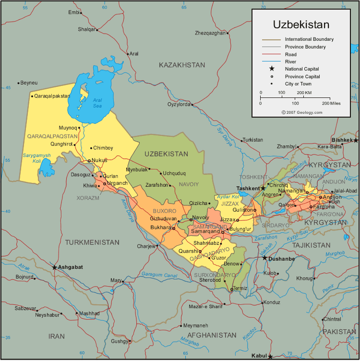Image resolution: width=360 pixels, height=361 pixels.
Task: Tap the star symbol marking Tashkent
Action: pyautogui.click(x=263, y=188)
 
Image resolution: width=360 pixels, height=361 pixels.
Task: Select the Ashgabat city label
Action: pyautogui.click(x=71, y=267)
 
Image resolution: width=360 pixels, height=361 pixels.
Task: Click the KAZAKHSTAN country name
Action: pyautogui.click(x=182, y=65)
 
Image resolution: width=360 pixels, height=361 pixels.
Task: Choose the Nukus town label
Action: pyautogui.click(x=99, y=160)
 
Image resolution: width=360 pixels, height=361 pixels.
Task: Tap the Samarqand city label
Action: pyautogui.click(x=205, y=231)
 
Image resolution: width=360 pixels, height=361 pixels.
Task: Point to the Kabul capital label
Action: pyautogui.click(x=258, y=356)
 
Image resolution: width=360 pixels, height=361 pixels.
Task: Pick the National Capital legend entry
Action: pyautogui.click(x=302, y=69)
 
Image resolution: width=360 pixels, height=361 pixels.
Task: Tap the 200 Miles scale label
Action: pyautogui.click(x=332, y=103)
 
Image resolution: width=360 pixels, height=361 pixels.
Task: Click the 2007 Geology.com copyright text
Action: pyautogui.click(x=302, y=112)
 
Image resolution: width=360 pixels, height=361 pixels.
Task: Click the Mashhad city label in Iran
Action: pyautogui.click(x=89, y=313)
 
